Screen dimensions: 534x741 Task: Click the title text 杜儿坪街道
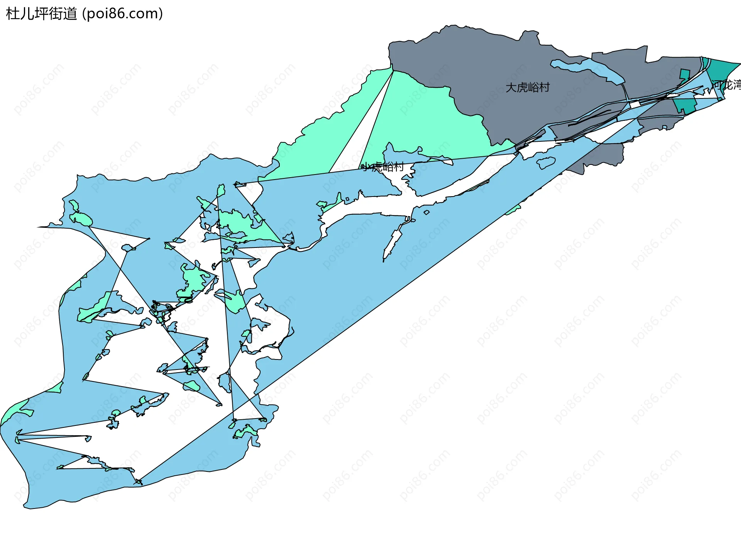tap(42, 14)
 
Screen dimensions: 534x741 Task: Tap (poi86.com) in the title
tap(123, 14)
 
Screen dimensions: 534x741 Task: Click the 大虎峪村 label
tap(527, 88)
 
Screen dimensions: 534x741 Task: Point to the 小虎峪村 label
tap(382, 167)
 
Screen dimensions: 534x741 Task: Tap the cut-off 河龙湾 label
tap(726, 85)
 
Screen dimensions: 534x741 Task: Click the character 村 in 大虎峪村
tap(544, 88)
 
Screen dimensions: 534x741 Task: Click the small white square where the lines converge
tap(635, 105)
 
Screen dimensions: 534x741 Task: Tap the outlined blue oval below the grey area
tap(546, 163)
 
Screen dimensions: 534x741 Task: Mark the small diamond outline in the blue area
tap(426, 212)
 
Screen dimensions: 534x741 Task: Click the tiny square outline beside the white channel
tap(347, 199)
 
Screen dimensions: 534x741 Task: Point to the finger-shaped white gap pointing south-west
tap(392, 243)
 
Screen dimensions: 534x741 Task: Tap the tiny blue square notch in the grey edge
tap(664, 127)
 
